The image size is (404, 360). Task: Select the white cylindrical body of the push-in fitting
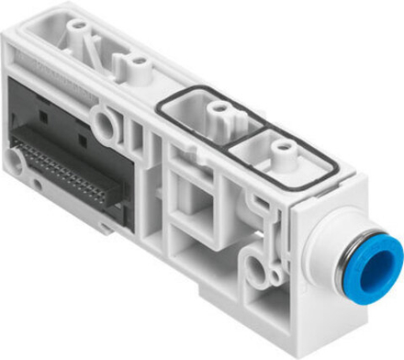click(x=331, y=248)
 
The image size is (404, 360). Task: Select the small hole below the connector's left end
click(x=34, y=183)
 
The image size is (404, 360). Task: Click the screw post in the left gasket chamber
click(x=218, y=111)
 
